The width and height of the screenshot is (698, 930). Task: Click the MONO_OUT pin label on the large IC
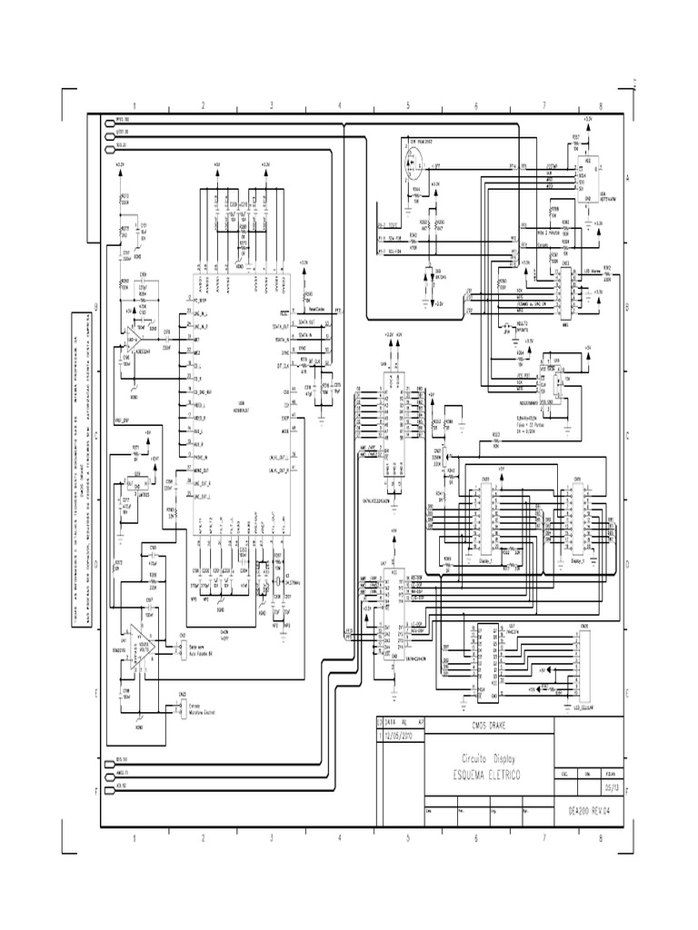tap(201, 470)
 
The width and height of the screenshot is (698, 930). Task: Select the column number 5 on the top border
tap(408, 105)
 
